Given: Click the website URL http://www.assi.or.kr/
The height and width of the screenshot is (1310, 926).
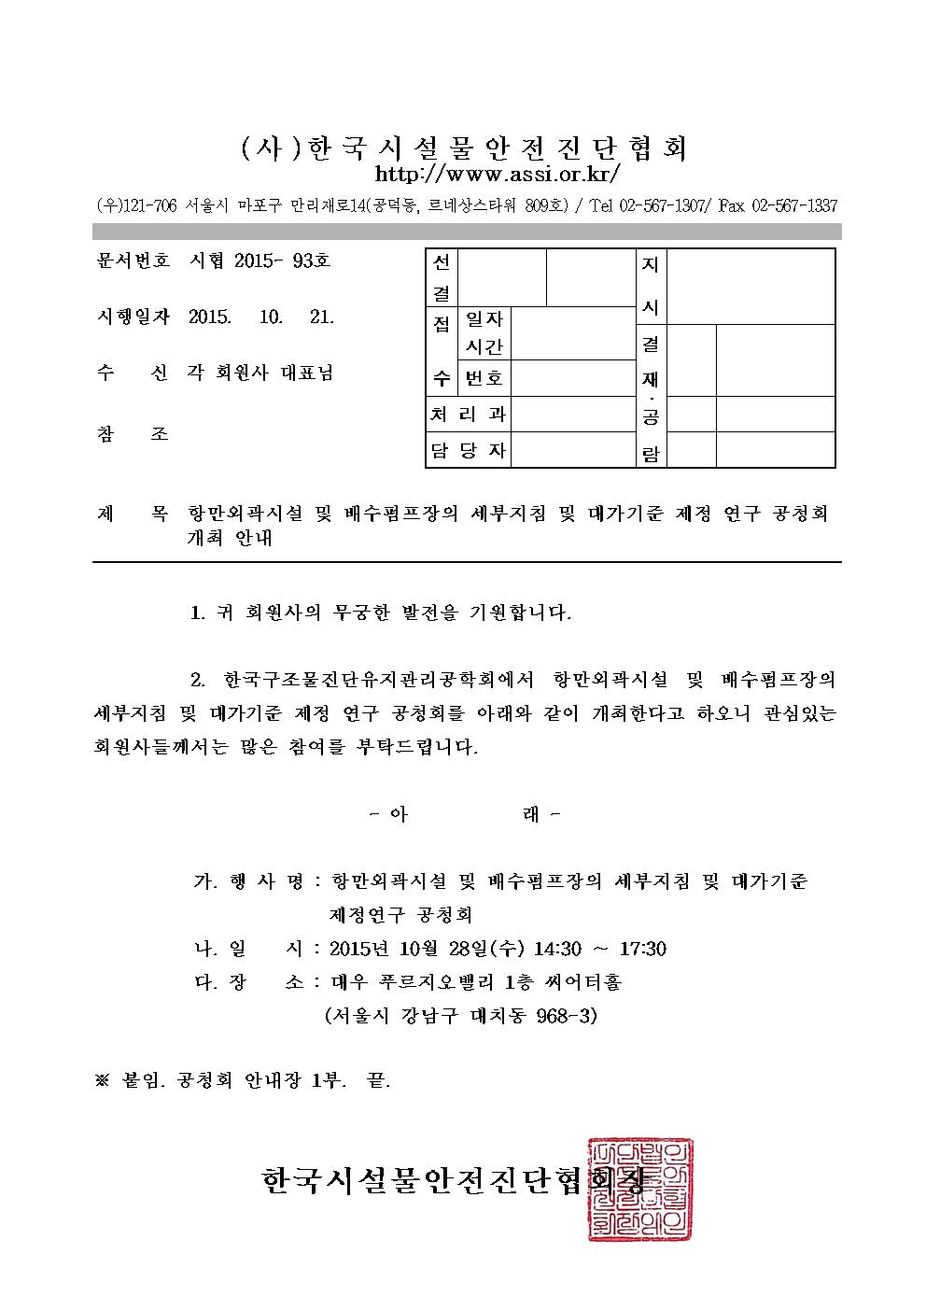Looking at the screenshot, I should click(497, 175).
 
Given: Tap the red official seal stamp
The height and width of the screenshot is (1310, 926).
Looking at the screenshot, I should click(640, 1190).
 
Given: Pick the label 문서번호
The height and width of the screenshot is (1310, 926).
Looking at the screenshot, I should click(132, 261).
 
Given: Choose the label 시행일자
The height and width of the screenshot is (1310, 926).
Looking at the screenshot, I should click(132, 317).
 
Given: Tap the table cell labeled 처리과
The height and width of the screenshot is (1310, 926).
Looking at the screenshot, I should click(468, 415).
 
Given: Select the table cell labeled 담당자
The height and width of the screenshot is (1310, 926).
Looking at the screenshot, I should click(468, 451).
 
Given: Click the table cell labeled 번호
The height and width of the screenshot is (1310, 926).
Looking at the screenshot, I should click(484, 378).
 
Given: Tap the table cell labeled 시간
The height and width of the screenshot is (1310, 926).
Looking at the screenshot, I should click(484, 346).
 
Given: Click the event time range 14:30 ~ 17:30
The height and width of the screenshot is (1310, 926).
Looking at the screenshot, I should click(599, 949).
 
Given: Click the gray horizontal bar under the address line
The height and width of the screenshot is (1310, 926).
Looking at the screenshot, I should click(467, 232).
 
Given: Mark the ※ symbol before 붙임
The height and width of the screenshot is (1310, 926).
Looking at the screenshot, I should click(103, 1080).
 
